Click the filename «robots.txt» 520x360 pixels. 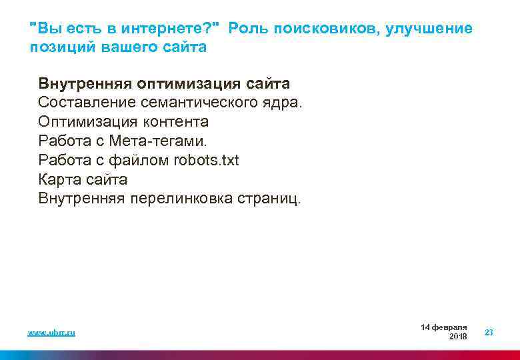(205, 161)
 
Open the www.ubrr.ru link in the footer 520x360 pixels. (51, 332)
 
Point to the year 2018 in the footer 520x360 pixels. (458, 337)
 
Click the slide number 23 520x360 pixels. (489, 332)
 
